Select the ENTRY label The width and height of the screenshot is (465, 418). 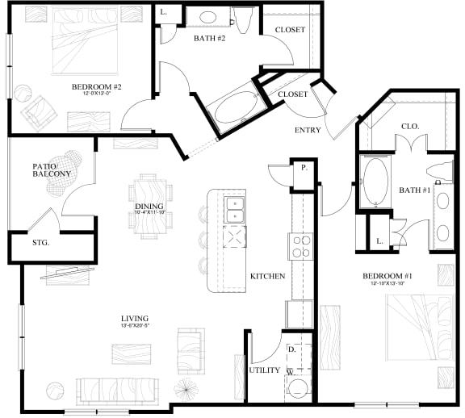pyautogui.click(x=308, y=130)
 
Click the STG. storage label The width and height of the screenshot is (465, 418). pyautogui.click(x=40, y=242)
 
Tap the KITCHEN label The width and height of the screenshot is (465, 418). pyautogui.click(x=267, y=276)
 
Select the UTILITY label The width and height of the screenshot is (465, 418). pyautogui.click(x=263, y=370)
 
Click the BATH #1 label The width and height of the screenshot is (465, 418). pyautogui.click(x=414, y=190)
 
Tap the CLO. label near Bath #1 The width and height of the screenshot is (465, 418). pyautogui.click(x=409, y=126)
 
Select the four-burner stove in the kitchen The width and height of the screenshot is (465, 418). pyautogui.click(x=301, y=245)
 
